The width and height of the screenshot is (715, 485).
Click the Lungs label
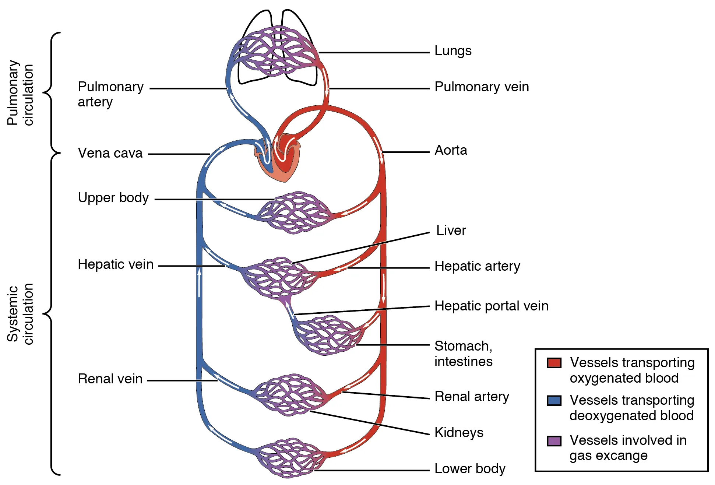452,51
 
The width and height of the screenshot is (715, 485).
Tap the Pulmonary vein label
481,87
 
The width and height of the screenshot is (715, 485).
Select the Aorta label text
451,150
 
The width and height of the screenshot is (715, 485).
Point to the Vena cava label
110,153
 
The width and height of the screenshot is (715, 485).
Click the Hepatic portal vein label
491,306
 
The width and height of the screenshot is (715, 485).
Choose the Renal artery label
472,397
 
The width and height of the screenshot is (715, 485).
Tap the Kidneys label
459,433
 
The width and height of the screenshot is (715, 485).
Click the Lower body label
470,469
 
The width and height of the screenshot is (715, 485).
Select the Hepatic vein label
115,264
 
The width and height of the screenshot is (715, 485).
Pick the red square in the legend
554,363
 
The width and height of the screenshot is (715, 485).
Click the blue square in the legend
554,400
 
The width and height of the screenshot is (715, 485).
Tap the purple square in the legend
554,441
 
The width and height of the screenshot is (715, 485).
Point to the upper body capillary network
295,212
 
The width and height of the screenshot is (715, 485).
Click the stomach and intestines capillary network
328,335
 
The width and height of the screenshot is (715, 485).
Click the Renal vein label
110,379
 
